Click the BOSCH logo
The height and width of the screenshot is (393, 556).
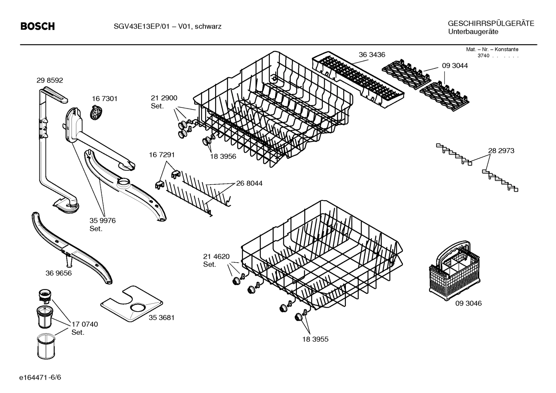pos(37,26)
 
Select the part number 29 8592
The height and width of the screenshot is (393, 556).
pos(50,81)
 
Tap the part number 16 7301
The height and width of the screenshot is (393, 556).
pos(104,99)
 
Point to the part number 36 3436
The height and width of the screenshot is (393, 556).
pos(372,55)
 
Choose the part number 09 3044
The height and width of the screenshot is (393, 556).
pos(455,66)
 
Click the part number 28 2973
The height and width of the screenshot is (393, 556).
pos(501,151)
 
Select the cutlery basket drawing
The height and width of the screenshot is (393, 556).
pos(450,270)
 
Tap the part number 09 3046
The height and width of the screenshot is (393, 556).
pos(468,303)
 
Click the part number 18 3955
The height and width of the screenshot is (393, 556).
pos(315,339)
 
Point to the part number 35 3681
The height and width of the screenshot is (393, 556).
pos(162,317)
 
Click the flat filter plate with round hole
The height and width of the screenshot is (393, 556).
pos(131,303)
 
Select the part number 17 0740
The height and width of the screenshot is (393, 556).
pos(84,324)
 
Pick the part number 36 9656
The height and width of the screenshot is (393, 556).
pos(58,273)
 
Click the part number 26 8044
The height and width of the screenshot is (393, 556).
pos(249,183)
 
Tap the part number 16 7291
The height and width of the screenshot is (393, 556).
pos(162,155)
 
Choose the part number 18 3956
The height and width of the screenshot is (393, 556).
pos(223,157)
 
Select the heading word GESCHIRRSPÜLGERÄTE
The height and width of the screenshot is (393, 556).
pos(491,24)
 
